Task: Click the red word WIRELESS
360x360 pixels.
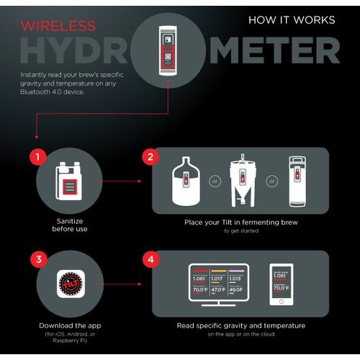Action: point(58,27)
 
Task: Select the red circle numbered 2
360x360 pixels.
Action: point(150,156)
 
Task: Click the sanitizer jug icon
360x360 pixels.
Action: point(69,181)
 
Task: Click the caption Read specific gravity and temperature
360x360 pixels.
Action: point(240,325)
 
